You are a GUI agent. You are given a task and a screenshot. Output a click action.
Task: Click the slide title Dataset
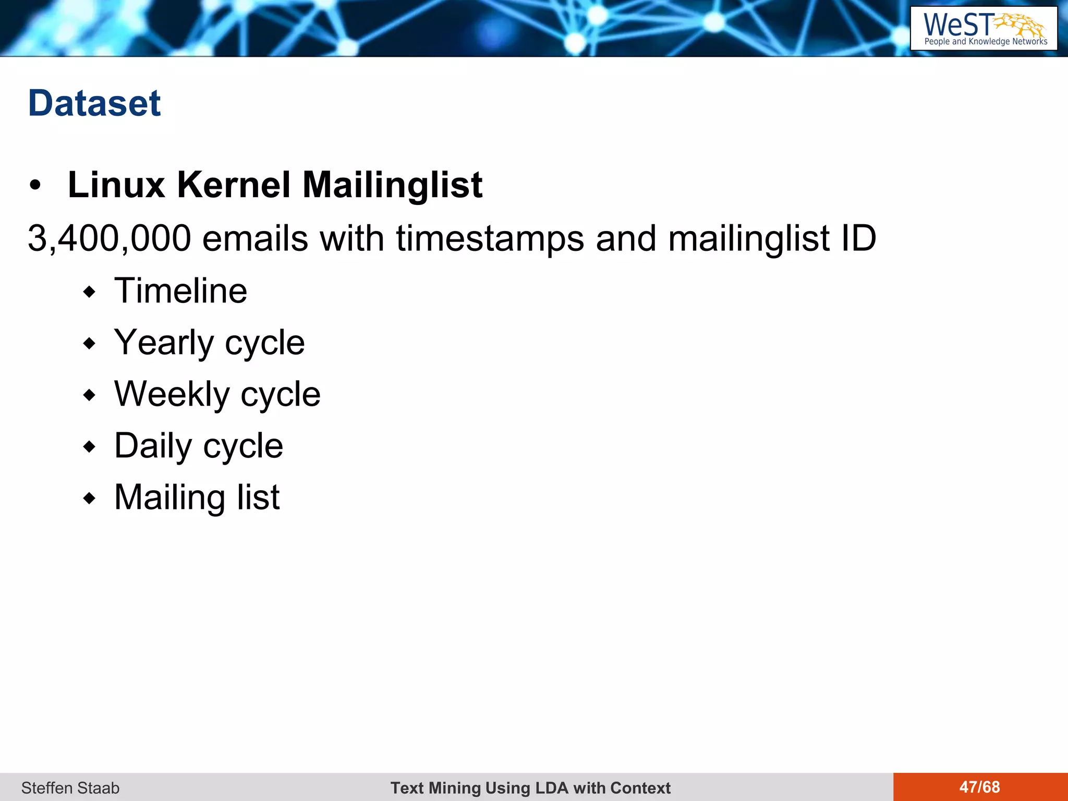tap(94, 103)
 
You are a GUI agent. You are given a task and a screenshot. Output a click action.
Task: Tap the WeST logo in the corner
tap(984, 29)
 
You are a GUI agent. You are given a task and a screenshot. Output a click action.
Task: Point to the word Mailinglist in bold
tap(392, 186)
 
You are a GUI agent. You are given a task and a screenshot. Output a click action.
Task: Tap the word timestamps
tap(490, 239)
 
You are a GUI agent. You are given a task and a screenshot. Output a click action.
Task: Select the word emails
tap(255, 239)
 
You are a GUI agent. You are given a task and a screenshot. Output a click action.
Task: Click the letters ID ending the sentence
tap(858, 239)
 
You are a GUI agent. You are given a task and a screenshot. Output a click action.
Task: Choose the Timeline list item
tap(180, 290)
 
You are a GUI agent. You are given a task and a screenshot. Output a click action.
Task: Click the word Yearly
tap(164, 343)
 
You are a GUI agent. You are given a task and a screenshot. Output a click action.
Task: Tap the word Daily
tap(153, 446)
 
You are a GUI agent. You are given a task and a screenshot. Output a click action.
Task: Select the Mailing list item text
tap(197, 497)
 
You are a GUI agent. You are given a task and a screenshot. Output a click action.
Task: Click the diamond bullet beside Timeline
tap(90, 292)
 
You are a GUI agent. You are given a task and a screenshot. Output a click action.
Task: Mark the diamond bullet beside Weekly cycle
tap(90, 395)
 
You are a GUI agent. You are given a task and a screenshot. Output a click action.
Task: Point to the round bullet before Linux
tap(35, 186)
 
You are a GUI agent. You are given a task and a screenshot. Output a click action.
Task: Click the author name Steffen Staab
tap(70, 787)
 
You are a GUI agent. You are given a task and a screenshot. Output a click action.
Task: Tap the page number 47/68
tap(979, 787)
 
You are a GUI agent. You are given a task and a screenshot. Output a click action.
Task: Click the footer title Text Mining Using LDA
tap(530, 787)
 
